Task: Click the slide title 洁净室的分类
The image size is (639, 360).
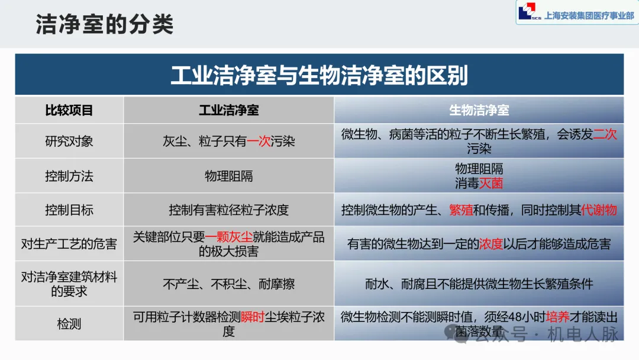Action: (x=105, y=25)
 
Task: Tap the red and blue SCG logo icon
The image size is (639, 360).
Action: (x=526, y=12)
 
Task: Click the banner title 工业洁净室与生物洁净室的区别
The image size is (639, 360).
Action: (x=319, y=75)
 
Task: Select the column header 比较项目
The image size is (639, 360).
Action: (x=69, y=110)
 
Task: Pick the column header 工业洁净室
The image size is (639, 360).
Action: (x=228, y=110)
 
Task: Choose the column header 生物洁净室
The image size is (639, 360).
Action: (x=479, y=110)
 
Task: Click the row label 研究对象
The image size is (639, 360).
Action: (x=69, y=142)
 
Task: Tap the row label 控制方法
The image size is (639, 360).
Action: (x=69, y=176)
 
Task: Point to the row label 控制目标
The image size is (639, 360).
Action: (x=69, y=210)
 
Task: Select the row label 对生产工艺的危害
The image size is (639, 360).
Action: (x=69, y=243)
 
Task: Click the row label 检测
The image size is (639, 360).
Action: (x=69, y=324)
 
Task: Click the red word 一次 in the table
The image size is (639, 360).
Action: (x=259, y=142)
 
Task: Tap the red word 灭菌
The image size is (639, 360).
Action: (x=491, y=184)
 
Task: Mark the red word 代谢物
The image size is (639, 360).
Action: (x=599, y=210)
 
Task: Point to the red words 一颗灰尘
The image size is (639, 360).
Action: (x=228, y=237)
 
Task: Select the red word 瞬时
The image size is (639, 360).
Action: (x=253, y=317)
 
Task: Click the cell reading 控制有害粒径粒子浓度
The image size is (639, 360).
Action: (x=228, y=210)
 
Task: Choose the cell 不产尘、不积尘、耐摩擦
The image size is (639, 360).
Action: (x=228, y=284)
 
